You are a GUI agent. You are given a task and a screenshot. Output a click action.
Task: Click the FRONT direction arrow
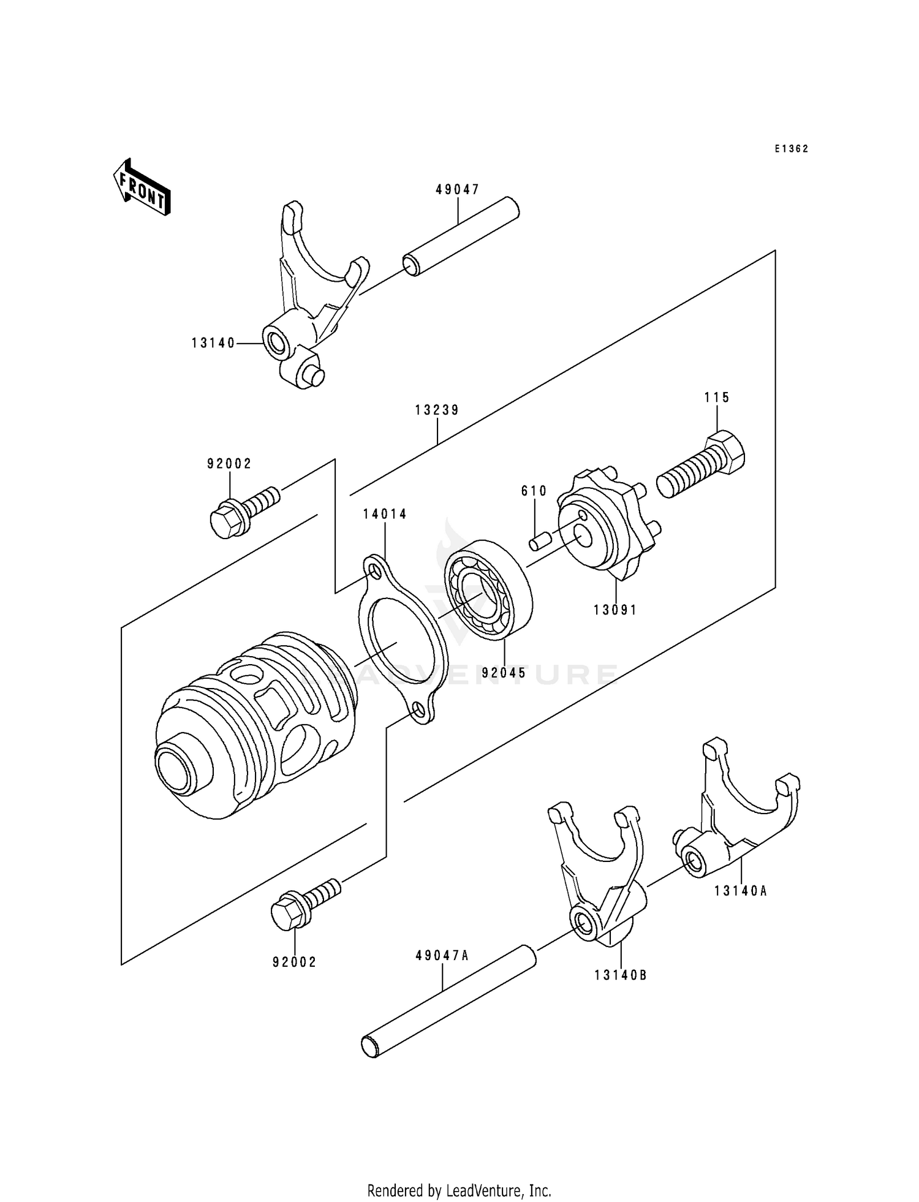point(142,186)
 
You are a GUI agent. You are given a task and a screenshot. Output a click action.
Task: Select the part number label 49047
point(457,190)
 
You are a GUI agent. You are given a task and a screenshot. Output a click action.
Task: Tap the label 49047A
point(442,956)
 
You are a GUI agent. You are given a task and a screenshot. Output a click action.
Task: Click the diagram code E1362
point(791,149)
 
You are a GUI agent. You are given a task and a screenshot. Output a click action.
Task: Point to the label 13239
point(437,410)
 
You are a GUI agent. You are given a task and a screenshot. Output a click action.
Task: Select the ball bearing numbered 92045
point(487,591)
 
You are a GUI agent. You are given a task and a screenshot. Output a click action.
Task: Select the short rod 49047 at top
point(461,236)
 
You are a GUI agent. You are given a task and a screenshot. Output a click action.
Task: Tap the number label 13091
point(615,610)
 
